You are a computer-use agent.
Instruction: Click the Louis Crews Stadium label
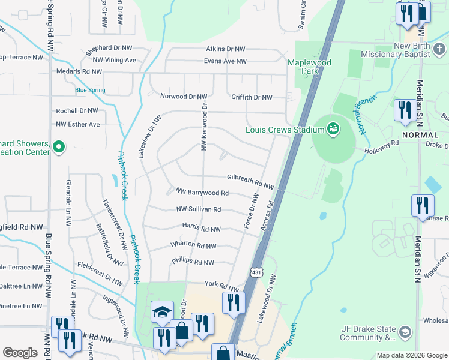(285, 129)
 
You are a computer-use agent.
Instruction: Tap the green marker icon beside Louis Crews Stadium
(331, 128)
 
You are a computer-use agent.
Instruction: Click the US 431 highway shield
(257, 272)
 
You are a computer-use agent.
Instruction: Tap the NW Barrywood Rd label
(202, 192)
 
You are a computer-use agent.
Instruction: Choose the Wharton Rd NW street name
(193, 245)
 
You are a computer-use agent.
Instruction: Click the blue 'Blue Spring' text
(90, 91)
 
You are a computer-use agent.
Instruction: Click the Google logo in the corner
(20, 353)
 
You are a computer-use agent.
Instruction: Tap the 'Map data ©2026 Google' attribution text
(411, 355)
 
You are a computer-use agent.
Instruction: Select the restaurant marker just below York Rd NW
(234, 302)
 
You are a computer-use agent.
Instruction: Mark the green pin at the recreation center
(58, 146)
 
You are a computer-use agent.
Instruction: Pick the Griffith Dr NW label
(252, 97)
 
